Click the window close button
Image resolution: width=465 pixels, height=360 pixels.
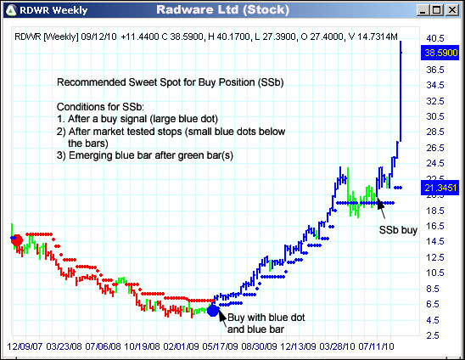coord(455,9)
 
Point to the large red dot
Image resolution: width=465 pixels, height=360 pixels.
coord(16,240)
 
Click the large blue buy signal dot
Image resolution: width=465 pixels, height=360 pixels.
coord(213,310)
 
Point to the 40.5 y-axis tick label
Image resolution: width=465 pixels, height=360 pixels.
coord(435,38)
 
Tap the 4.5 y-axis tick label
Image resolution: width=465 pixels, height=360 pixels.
coord(433,320)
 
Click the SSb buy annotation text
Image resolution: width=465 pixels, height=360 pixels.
coord(398,229)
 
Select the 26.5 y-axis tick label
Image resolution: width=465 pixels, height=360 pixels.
coord(435,148)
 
